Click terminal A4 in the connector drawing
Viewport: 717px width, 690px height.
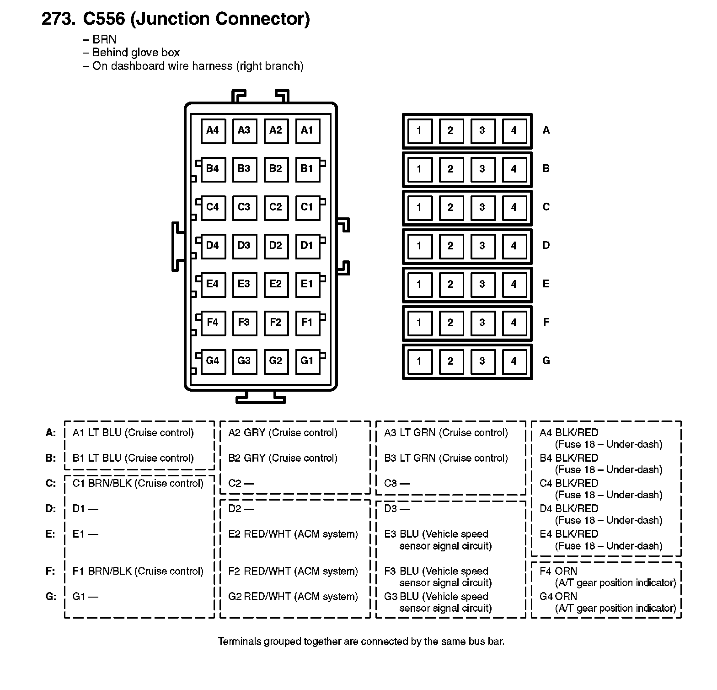click(x=213, y=131)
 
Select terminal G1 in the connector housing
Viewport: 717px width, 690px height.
click(x=307, y=361)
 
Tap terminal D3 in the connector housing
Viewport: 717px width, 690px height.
click(x=244, y=246)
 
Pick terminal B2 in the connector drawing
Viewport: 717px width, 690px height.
click(x=275, y=169)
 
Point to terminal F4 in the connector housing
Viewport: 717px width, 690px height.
click(x=213, y=323)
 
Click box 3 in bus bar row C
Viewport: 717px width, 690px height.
click(x=482, y=208)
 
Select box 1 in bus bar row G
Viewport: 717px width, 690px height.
click(x=419, y=361)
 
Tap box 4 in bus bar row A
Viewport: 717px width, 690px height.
click(x=514, y=131)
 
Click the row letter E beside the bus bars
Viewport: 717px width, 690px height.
click(x=546, y=284)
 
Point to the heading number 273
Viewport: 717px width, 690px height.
click(x=59, y=19)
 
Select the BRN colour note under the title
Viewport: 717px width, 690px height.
click(x=104, y=39)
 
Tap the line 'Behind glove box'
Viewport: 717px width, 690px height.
click(x=136, y=53)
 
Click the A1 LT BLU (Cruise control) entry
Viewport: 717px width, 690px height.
click(x=133, y=433)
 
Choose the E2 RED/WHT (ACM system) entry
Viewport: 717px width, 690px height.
click(x=293, y=534)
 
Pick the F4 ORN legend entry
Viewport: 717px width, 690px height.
click(x=566, y=571)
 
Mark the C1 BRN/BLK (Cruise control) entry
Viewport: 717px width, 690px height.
click(x=138, y=484)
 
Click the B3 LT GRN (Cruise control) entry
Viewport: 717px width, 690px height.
click(x=446, y=458)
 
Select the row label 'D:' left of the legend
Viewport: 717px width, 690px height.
click(x=50, y=509)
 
